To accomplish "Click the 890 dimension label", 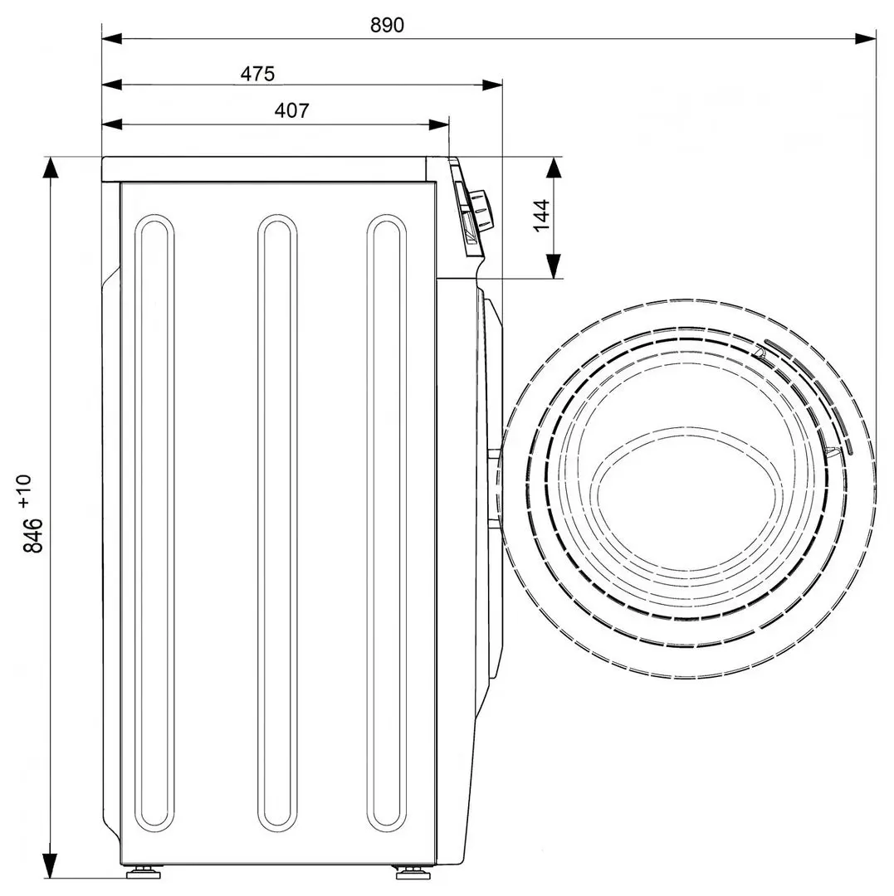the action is (x=387, y=25).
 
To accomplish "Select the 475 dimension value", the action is (x=257, y=74).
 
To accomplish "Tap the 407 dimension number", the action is (x=291, y=110).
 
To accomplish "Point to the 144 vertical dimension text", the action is (x=541, y=215).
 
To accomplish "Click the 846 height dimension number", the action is (x=33, y=535).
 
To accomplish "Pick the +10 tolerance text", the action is (x=25, y=491).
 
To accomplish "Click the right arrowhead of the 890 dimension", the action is (x=866, y=38).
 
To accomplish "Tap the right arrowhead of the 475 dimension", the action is (x=492, y=85).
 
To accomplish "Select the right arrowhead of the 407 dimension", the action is (x=439, y=124).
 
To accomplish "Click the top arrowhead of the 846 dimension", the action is (x=51, y=168).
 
